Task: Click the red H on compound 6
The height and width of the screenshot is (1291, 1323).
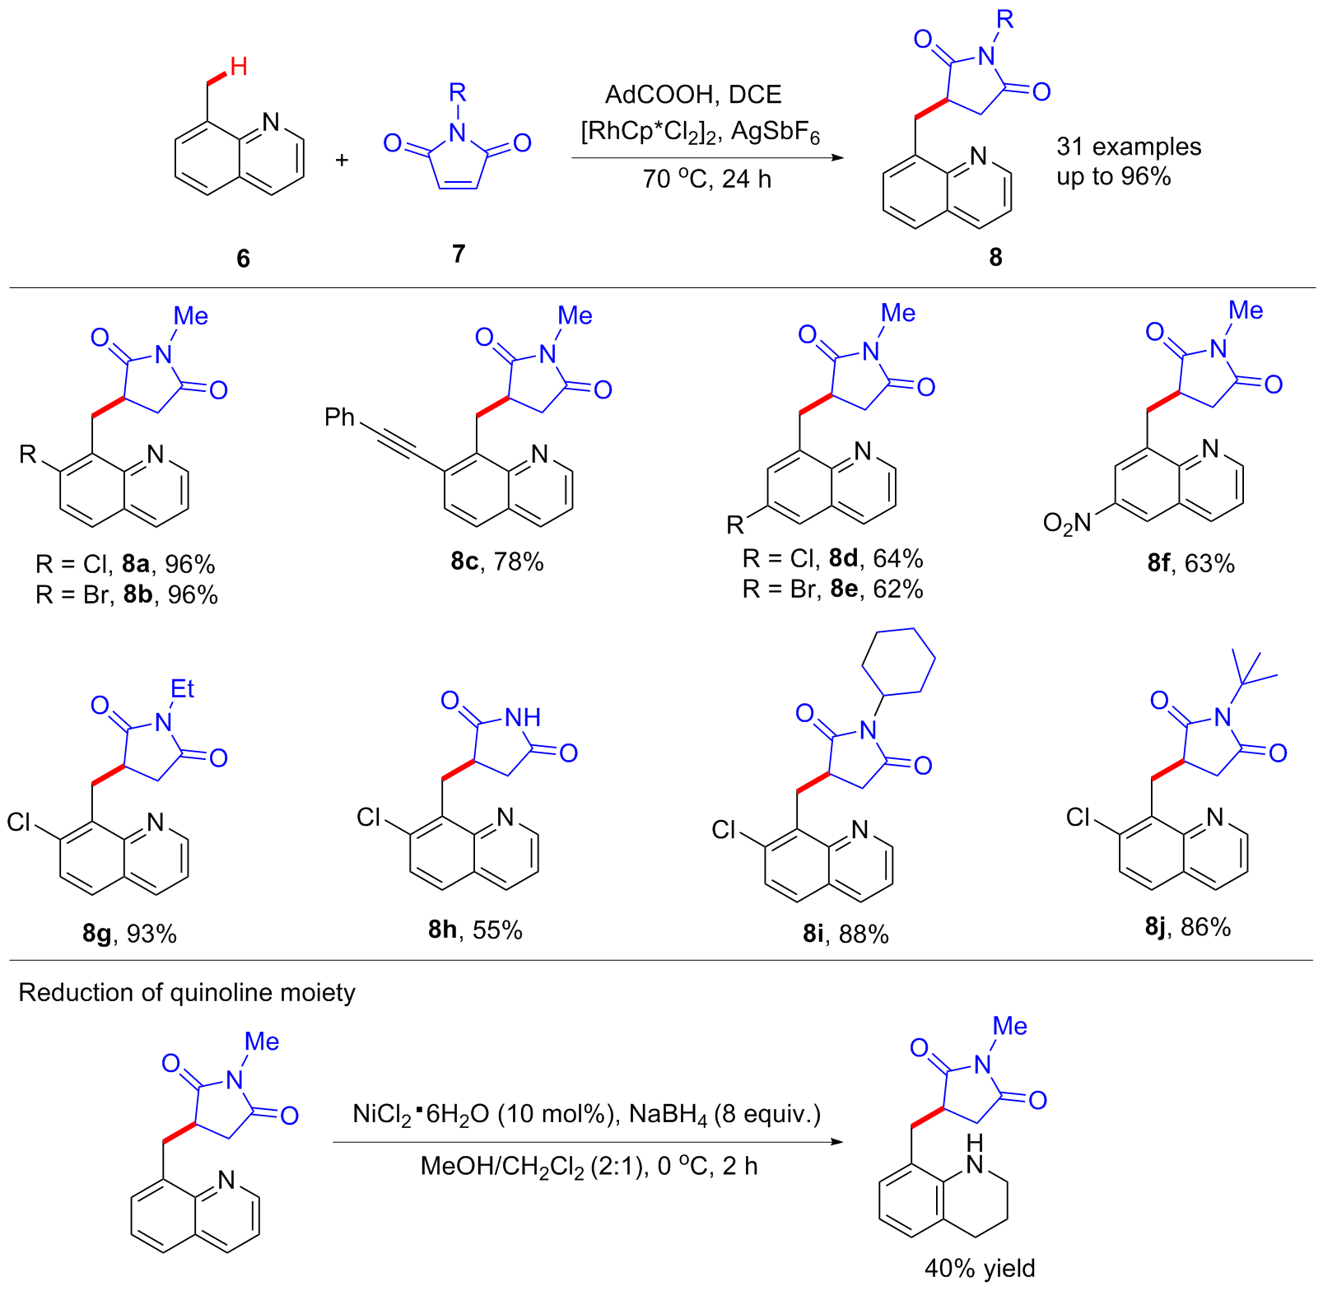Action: pos(239,67)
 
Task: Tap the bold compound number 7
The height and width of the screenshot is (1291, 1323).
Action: pos(459,254)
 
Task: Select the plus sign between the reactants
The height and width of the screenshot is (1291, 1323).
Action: pos(342,160)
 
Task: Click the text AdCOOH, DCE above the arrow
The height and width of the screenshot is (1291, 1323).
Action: pos(693,95)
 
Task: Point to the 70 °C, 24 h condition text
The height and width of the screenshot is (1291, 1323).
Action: pos(706,179)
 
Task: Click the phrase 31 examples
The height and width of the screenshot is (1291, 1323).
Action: pos(1129,147)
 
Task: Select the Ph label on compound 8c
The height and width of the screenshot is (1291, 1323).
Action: pos(339,417)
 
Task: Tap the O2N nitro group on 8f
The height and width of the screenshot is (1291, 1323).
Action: pos(1066,523)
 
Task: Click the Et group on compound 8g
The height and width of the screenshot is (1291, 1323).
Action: pos(182,688)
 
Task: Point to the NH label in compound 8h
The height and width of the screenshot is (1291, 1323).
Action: pos(523,717)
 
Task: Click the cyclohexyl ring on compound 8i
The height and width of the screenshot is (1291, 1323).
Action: pos(898,661)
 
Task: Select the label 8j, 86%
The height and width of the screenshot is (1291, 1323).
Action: pos(1187,927)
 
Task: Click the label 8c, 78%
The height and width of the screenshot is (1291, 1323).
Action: pos(496,562)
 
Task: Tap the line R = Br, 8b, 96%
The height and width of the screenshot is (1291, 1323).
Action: pos(127,594)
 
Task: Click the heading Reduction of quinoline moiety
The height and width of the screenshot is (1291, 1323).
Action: pos(187,992)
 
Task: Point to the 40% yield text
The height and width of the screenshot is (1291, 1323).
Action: pos(979,1268)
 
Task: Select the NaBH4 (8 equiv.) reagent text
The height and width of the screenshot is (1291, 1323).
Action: pos(724,1115)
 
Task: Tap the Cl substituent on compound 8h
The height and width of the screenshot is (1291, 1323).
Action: pos(369,817)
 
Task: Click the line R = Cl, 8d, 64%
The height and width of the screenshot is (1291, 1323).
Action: pos(832,558)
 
